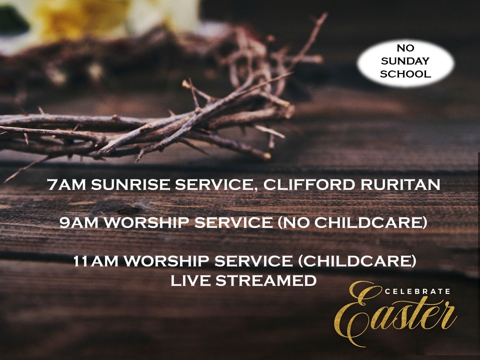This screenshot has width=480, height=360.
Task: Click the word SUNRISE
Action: coord(130,184)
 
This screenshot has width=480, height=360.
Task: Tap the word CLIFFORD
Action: coord(309,184)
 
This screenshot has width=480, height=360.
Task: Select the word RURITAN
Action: coord(400,184)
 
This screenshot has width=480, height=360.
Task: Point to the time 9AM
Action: coord(78,222)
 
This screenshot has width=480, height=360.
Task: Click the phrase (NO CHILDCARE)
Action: coord(352,223)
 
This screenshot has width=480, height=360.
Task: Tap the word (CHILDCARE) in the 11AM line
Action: coord(357,261)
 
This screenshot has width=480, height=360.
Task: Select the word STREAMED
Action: coord(266,280)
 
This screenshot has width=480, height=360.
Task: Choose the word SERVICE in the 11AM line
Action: coord(253,261)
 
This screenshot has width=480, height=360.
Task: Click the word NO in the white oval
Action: coord(405,48)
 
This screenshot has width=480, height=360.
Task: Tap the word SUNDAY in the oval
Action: coord(405,61)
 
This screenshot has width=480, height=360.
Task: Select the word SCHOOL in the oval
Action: coord(405,74)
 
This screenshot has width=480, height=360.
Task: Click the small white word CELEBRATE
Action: coord(417,291)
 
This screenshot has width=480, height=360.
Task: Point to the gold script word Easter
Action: coord(395,315)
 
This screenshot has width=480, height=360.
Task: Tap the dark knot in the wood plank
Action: coord(128,210)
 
